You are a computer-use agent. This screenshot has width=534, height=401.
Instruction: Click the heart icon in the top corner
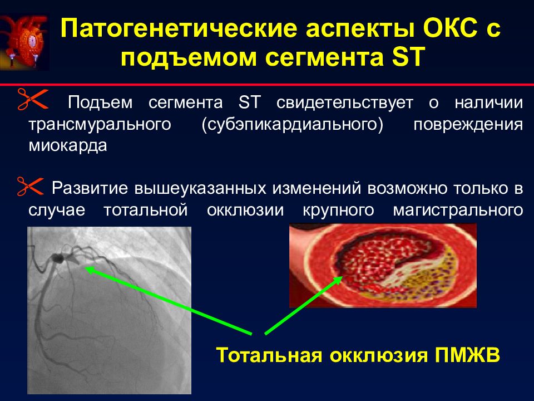click(x=24, y=42)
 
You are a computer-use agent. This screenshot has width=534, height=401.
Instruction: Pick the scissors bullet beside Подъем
click(x=33, y=99)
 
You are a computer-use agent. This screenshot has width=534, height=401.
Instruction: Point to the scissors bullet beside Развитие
click(x=30, y=186)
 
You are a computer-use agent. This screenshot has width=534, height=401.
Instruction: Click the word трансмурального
click(x=100, y=125)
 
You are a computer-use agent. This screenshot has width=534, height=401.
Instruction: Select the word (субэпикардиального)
click(x=293, y=125)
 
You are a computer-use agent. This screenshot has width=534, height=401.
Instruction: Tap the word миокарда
click(x=68, y=146)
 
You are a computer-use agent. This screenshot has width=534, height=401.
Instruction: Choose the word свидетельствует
click(x=345, y=102)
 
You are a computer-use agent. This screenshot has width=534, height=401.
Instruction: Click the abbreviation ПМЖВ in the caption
click(x=468, y=355)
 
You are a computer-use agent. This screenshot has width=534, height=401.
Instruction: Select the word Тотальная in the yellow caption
click(x=269, y=355)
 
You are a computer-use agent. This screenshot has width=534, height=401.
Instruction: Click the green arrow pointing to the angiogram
click(x=169, y=300)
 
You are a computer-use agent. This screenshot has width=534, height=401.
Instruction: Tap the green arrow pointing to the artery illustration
click(x=304, y=305)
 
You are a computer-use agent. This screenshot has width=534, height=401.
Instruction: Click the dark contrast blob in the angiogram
click(x=58, y=258)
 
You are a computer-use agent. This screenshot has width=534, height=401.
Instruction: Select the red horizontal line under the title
click(x=267, y=84)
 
